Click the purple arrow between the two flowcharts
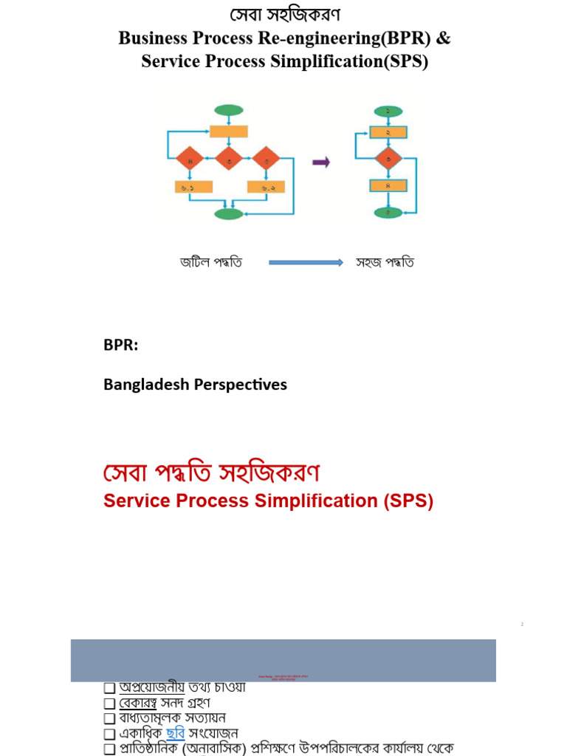[321, 162]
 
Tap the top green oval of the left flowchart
[229, 111]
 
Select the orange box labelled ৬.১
[193, 188]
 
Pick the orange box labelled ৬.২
[267, 188]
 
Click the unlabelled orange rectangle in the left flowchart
[229, 132]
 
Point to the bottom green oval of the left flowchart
[229, 214]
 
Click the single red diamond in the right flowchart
[388, 158]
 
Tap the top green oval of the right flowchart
[388, 111]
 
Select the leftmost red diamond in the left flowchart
[190, 158]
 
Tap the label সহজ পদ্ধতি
[385, 262]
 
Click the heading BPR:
[120, 346]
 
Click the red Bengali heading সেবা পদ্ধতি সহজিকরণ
[211, 472]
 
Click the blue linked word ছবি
[175, 733]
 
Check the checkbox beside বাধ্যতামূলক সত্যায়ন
[109, 718]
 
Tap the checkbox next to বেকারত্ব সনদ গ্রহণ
[109, 704]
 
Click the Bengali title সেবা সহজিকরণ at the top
[284, 15]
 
